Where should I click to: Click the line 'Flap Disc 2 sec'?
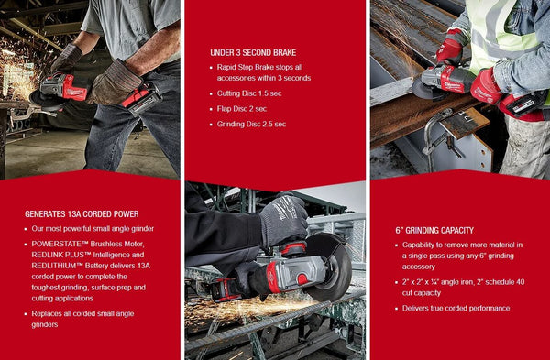click(x=244, y=109)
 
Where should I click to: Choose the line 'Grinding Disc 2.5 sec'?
click(x=252, y=124)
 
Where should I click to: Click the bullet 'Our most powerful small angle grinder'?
click(x=93, y=228)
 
